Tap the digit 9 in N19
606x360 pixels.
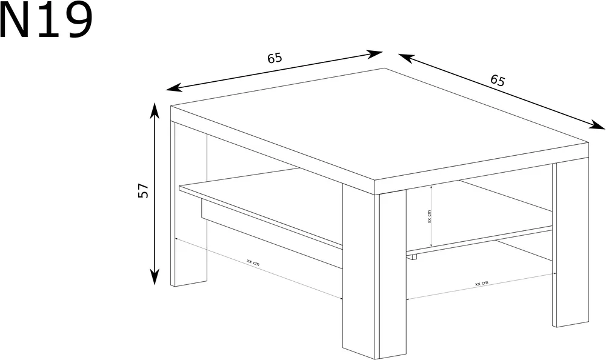pyautogui.click(x=78, y=20)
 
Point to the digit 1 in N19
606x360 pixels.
pyautogui.click(x=47, y=19)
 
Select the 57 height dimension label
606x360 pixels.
pyautogui.click(x=143, y=191)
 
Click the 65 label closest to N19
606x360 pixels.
pyautogui.click(x=275, y=58)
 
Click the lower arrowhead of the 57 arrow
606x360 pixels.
pyautogui.click(x=155, y=276)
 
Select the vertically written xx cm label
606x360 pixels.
pyautogui.click(x=429, y=216)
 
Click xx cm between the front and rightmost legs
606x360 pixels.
pyautogui.click(x=482, y=284)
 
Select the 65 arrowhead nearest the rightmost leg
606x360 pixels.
pyautogui.click(x=596, y=124)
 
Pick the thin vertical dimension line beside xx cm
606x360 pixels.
pyautogui.click(x=431, y=216)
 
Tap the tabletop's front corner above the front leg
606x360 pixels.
pyautogui.click(x=375, y=181)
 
